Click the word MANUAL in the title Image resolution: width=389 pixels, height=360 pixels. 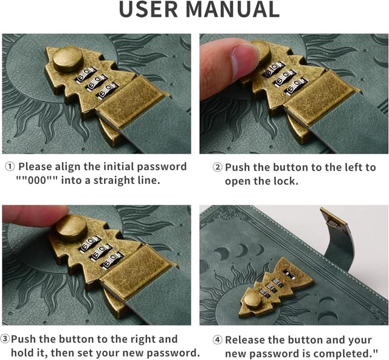(232, 9)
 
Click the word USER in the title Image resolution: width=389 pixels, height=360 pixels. (148, 9)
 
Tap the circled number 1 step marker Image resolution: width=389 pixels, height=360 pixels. (10, 167)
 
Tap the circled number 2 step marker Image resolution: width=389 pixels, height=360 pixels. (218, 168)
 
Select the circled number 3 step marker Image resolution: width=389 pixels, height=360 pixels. (5, 339)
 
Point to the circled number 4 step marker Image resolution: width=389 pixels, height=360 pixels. (218, 340)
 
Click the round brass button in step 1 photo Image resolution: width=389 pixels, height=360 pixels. (68, 59)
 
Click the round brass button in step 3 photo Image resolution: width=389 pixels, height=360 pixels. (71, 228)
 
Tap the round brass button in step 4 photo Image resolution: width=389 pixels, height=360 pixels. (252, 299)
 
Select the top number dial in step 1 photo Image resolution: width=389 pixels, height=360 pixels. (86, 74)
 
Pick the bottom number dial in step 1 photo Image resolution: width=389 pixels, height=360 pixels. (108, 91)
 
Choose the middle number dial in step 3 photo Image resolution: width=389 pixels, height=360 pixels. (102, 251)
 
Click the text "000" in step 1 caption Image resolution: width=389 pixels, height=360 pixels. (37, 180)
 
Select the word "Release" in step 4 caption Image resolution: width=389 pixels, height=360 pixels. (243, 340)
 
